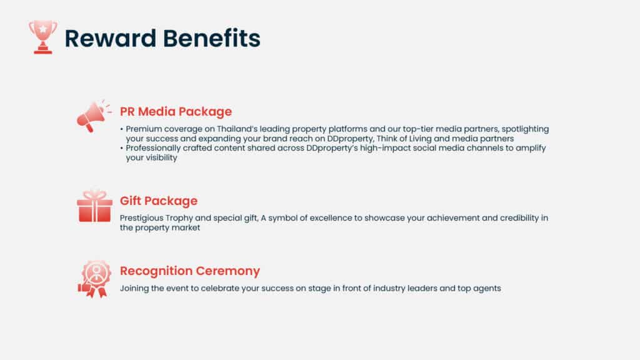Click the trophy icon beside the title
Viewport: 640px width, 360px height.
pos(43,37)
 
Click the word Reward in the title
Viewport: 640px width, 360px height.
pos(111,38)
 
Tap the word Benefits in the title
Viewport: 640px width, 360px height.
pos(212,38)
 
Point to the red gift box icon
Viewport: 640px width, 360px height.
pos(95,206)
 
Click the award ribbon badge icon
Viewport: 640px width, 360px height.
pos(95,279)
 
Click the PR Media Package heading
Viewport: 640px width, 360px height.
pos(176,111)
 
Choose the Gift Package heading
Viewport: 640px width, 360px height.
pos(159,201)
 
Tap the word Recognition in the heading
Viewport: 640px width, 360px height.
pos(155,271)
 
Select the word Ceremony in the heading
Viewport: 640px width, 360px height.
pos(227,271)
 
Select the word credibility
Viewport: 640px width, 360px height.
pos(519,218)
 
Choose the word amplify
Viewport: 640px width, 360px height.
pos(531,149)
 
